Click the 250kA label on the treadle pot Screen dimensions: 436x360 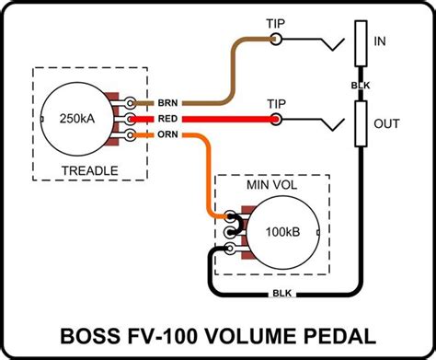point(77,119)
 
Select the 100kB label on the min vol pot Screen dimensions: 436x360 point(282,232)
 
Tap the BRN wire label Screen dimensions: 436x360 point(167,103)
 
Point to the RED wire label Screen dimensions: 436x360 point(167,119)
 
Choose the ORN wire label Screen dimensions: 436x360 point(167,134)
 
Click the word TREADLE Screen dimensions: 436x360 point(90,170)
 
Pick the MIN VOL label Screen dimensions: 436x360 point(272,185)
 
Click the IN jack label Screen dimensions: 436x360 point(380,41)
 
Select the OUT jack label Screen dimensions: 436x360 point(386,123)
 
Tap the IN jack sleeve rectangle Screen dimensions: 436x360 point(361,43)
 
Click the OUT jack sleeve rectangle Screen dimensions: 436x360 point(361,123)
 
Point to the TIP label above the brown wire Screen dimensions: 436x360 point(276,24)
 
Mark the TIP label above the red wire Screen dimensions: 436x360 point(276,104)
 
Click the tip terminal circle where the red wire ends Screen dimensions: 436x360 point(276,119)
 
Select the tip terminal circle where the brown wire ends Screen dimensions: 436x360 point(276,39)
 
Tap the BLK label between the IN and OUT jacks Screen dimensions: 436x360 point(361,86)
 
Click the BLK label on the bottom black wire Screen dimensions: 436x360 point(282,294)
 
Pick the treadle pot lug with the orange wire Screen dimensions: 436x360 point(130,134)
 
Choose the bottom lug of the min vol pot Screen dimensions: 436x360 point(230,249)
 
